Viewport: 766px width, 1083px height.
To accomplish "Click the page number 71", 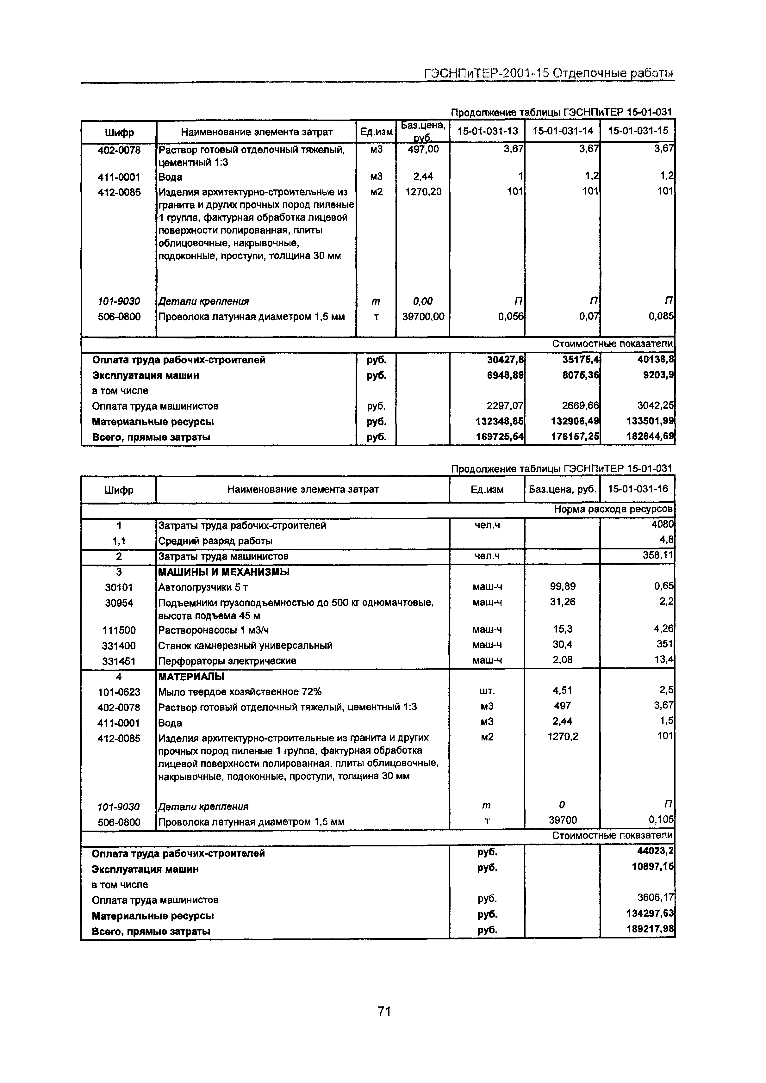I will coord(384,1011).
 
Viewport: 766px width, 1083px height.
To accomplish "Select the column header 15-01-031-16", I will coord(638,489).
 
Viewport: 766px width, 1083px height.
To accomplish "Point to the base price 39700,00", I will coord(423,317).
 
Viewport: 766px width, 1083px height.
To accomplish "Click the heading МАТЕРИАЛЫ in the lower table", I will coord(191,677).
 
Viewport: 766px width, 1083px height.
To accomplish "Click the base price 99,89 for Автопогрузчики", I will coord(563,586).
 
